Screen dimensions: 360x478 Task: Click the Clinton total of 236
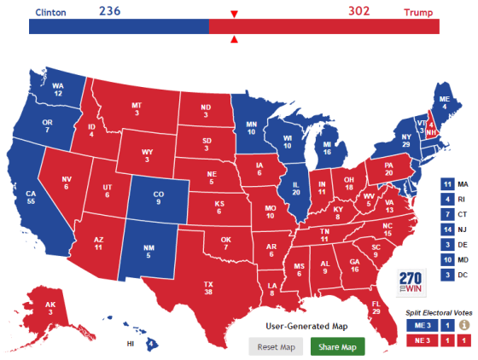(111, 10)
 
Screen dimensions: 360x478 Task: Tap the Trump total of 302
(361, 10)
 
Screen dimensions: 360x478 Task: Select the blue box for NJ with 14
(447, 229)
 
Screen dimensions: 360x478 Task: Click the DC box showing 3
(447, 274)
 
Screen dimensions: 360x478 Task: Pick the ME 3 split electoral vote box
(423, 324)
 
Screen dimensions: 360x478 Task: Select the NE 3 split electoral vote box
(423, 340)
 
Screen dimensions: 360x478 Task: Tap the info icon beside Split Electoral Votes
(464, 324)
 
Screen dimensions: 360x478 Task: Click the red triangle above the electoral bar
(234, 14)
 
